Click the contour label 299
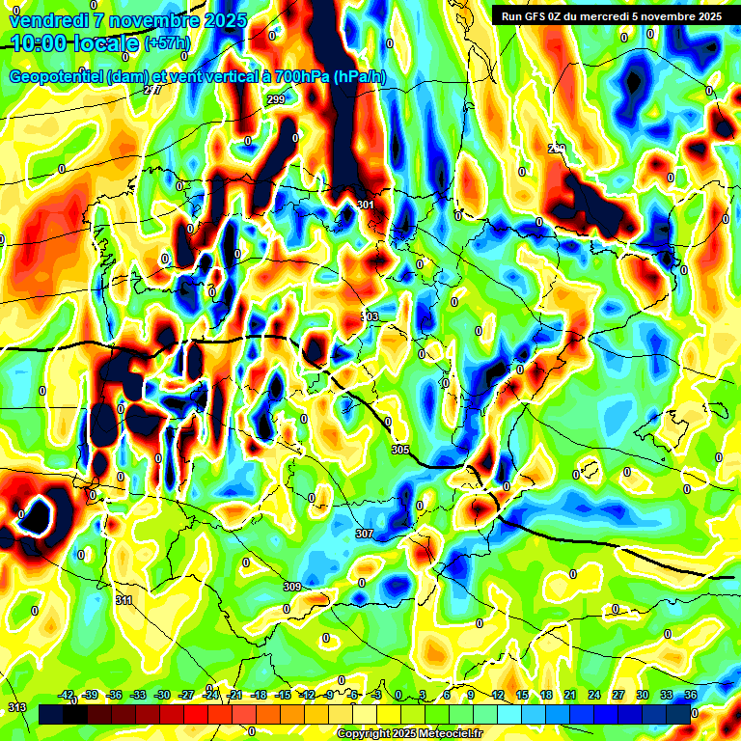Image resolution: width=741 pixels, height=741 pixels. pyautogui.click(x=276, y=99)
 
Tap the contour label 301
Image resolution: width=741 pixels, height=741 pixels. pyautogui.click(x=365, y=205)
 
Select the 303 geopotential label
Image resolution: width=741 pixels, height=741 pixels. pyautogui.click(x=370, y=316)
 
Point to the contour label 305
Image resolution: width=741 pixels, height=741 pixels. pyautogui.click(x=400, y=450)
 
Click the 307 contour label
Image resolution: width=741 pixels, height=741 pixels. pyautogui.click(x=364, y=534)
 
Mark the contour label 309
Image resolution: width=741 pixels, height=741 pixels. pyautogui.click(x=292, y=587)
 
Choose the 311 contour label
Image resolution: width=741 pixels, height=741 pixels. pyautogui.click(x=123, y=600)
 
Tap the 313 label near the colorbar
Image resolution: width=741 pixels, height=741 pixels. pyautogui.click(x=17, y=707)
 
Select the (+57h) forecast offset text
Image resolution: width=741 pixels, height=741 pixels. pyautogui.click(x=167, y=43)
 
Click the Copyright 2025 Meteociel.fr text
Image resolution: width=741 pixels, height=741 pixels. pyautogui.click(x=408, y=734)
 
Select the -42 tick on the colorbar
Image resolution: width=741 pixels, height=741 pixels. pyautogui.click(x=67, y=695)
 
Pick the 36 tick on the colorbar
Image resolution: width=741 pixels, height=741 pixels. pyautogui.click(x=691, y=695)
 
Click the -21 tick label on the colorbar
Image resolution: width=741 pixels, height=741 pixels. pyautogui.click(x=234, y=695)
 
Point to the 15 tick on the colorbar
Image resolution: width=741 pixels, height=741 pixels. pyautogui.click(x=521, y=695)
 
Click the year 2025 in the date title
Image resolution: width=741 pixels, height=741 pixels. pyautogui.click(x=221, y=20)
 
